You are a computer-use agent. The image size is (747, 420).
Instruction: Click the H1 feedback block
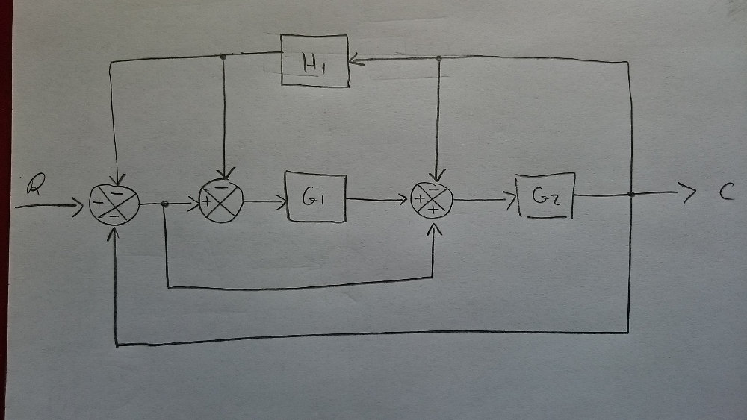(314, 60)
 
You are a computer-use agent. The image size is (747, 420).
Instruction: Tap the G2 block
(545, 195)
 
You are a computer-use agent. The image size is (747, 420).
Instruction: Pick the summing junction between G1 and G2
(433, 200)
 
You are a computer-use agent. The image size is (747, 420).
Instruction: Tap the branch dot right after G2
(632, 195)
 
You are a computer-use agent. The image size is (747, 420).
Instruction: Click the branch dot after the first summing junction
(165, 204)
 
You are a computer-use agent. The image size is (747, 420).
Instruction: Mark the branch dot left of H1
(223, 57)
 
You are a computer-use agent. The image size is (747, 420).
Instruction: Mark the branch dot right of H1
(438, 58)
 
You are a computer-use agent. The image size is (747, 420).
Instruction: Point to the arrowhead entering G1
(282, 200)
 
